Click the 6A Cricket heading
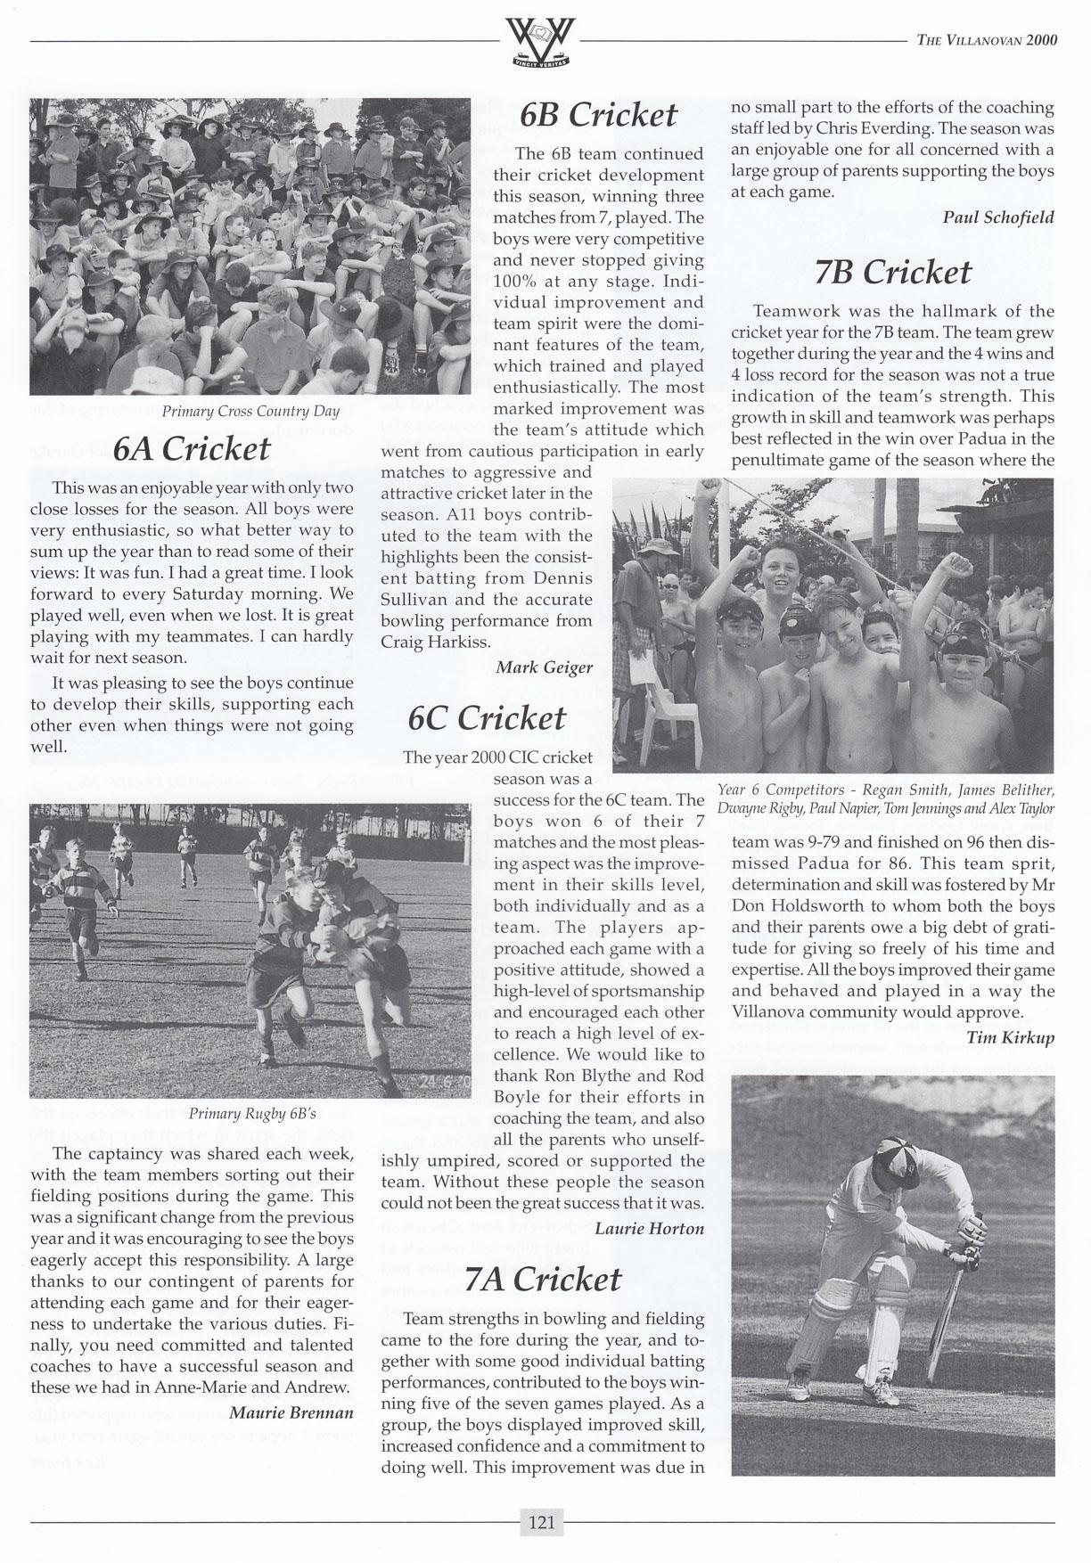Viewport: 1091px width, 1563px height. coord(192,448)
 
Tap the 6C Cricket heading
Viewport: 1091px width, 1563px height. coord(487,718)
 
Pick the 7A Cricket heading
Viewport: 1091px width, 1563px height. coord(544,1280)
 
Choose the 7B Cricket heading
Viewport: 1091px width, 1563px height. coord(892,272)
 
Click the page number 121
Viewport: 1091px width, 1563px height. coord(542,1522)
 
